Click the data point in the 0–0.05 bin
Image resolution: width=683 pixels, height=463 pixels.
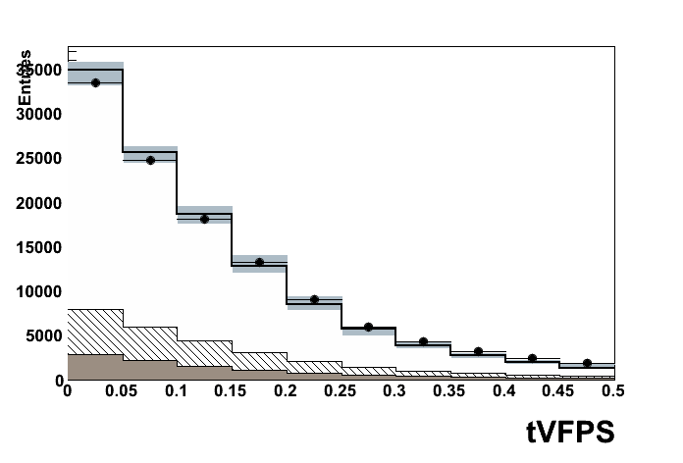95,82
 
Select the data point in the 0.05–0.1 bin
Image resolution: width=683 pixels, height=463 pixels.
150,160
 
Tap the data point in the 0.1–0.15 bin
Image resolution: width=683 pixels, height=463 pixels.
204,219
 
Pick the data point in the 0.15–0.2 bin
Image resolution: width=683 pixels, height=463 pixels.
259,262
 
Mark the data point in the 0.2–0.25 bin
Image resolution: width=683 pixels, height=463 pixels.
314,299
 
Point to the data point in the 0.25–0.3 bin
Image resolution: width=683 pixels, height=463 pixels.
368,327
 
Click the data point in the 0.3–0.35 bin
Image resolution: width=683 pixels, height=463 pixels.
423,341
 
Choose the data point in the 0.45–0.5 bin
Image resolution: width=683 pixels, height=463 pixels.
587,363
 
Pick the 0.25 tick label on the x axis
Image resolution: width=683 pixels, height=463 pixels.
341,392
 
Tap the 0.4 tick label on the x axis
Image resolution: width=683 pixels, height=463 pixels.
504,392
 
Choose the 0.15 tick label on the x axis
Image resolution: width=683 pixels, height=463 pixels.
232,392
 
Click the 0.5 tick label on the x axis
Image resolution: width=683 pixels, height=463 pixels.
612,392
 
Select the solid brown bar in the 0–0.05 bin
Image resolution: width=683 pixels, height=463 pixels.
95,367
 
